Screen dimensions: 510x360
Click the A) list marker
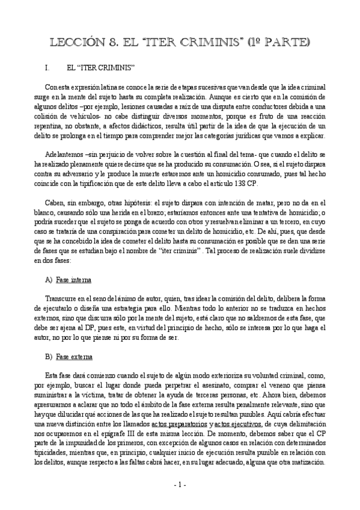point(49,280)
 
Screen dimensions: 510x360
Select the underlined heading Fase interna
point(73,280)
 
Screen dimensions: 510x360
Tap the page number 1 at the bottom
point(180,485)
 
